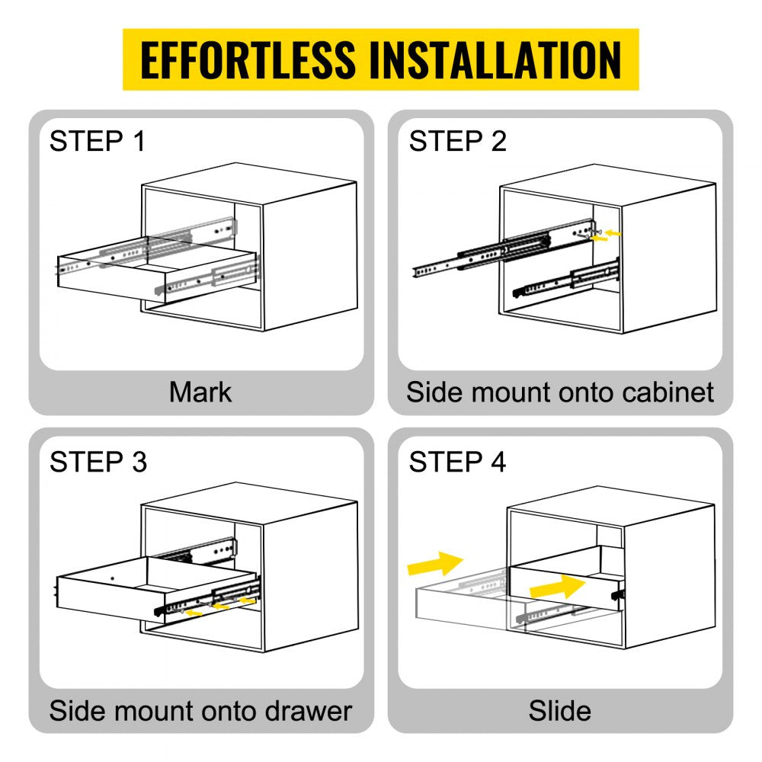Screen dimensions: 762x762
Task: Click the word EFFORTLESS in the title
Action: (x=248, y=59)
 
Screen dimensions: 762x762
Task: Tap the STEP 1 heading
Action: (x=98, y=141)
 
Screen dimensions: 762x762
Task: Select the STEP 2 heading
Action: (x=457, y=141)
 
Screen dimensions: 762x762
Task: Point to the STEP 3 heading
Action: (x=98, y=462)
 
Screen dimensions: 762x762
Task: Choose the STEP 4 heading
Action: (x=457, y=462)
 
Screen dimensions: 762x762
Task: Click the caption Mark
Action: (x=200, y=392)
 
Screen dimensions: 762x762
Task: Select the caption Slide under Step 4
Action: (x=560, y=710)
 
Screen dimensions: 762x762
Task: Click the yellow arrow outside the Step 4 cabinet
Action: (x=435, y=563)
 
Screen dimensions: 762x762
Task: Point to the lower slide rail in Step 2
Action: (x=568, y=280)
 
